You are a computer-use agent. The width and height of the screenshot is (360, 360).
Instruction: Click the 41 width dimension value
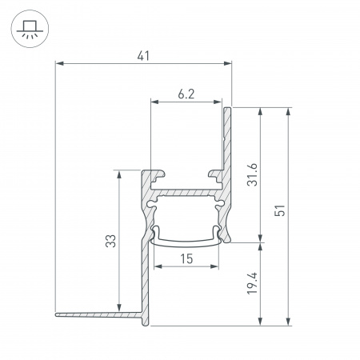[143, 56]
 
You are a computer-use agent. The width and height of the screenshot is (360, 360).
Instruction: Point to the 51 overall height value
[279, 211]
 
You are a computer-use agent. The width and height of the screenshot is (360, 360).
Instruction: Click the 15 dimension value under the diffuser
[186, 258]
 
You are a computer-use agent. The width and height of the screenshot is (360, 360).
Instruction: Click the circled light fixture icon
[29, 29]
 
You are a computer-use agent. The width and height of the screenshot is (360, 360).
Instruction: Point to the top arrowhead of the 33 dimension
[118, 172]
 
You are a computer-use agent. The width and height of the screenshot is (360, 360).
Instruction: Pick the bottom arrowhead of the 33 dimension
[118, 309]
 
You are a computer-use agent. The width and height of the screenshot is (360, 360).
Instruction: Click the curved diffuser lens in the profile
[186, 240]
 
